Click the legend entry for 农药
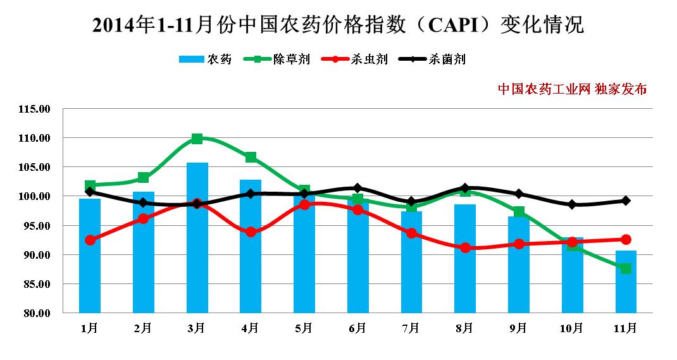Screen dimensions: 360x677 pos(206,59)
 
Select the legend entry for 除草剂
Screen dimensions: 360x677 pos(277,59)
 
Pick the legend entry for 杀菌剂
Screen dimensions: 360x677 pos(433,59)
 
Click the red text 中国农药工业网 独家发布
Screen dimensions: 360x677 pos(572,89)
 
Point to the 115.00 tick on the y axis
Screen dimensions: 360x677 pos(35,109)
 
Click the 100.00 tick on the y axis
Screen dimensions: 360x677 pos(35,197)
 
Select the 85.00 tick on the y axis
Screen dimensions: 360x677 pos(35,285)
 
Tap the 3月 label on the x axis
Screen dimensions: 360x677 pos(197,328)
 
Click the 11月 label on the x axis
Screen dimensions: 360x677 pos(626,328)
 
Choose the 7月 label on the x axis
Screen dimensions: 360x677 pos(411,328)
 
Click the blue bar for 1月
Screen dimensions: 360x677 pos(90,256)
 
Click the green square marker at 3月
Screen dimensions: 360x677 pos(197,139)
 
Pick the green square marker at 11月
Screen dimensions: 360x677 pos(626,268)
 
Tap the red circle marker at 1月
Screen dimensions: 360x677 pos(90,240)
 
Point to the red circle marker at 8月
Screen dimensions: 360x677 pos(465,248)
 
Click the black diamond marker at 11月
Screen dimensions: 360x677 pos(626,201)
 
